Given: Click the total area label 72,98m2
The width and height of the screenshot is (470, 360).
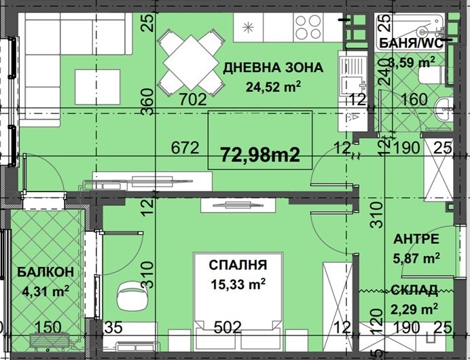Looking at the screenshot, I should pyautogui.click(x=260, y=155).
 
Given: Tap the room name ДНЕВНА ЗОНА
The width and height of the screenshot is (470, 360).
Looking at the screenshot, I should pyautogui.click(x=273, y=67).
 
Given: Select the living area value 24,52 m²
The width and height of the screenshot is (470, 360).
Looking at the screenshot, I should pyautogui.click(x=273, y=86).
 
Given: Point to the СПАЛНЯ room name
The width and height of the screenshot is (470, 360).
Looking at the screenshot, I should pyautogui.click(x=237, y=265).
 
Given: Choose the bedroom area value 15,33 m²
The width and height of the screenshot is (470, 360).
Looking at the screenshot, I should pyautogui.click(x=237, y=283).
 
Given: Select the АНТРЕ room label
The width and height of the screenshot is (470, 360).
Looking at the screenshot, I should pyautogui.click(x=416, y=239).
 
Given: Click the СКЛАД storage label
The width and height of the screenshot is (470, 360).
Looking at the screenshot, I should pyautogui.click(x=414, y=291).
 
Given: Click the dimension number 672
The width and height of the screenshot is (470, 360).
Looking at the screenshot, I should pyautogui.click(x=185, y=147).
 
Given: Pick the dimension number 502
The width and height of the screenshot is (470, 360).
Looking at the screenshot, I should pyautogui.click(x=228, y=327).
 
